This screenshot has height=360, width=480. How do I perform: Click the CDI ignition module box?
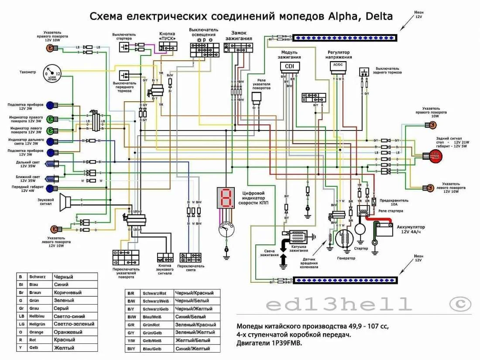coord(289,66)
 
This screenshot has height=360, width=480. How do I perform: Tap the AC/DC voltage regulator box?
coord(338,65)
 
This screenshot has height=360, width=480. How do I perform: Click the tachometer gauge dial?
coord(52,74)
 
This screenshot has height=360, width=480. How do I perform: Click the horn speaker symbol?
coord(65,201)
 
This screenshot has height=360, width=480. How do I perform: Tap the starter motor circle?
coord(360,230)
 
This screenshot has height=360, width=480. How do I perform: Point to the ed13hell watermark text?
coord(339,304)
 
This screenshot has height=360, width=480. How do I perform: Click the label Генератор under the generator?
coord(346,258)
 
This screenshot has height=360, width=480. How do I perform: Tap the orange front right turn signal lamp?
coord(48,48)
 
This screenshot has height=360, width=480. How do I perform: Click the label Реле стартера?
coord(391,211)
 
